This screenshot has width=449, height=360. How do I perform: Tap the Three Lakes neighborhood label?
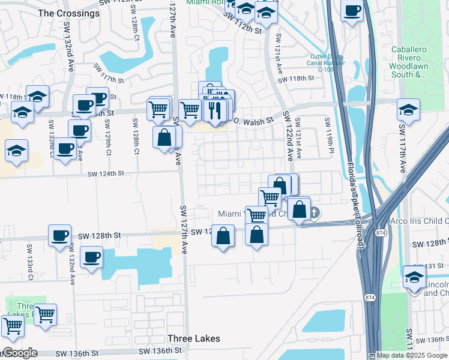point(193,338)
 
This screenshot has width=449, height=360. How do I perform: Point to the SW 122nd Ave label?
point(288,136)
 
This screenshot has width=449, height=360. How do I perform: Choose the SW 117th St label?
point(108,73)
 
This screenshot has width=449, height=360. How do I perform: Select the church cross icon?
point(314,212)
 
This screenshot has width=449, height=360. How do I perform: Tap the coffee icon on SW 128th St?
point(59,235)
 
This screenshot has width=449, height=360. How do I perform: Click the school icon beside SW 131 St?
point(414,277)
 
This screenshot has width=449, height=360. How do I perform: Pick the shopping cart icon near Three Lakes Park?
point(45,314)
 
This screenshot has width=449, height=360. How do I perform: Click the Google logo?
point(19,353)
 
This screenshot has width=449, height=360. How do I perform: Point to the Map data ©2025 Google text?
point(411,355)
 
